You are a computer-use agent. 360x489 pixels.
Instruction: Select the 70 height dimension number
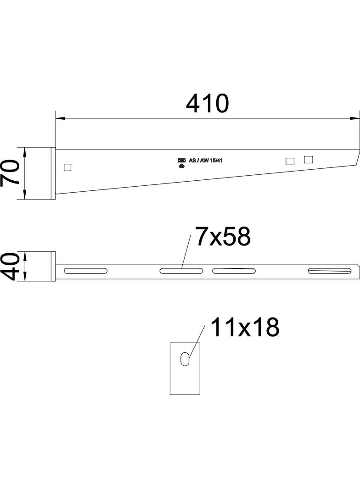pos(10,173)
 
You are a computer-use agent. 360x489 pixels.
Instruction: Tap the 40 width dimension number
pos(10,267)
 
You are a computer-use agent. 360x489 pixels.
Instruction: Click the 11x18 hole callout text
pos(245,328)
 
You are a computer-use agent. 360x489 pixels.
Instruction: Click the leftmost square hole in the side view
pos(67,167)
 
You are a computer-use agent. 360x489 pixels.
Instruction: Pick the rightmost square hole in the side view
pos(308,159)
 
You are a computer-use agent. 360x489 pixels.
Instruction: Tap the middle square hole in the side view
pos(290,161)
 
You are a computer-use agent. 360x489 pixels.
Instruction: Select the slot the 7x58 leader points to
pos(181,271)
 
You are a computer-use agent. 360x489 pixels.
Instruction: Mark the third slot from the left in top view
pos(234,271)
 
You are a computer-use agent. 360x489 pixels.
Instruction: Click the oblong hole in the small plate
pos(184,359)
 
